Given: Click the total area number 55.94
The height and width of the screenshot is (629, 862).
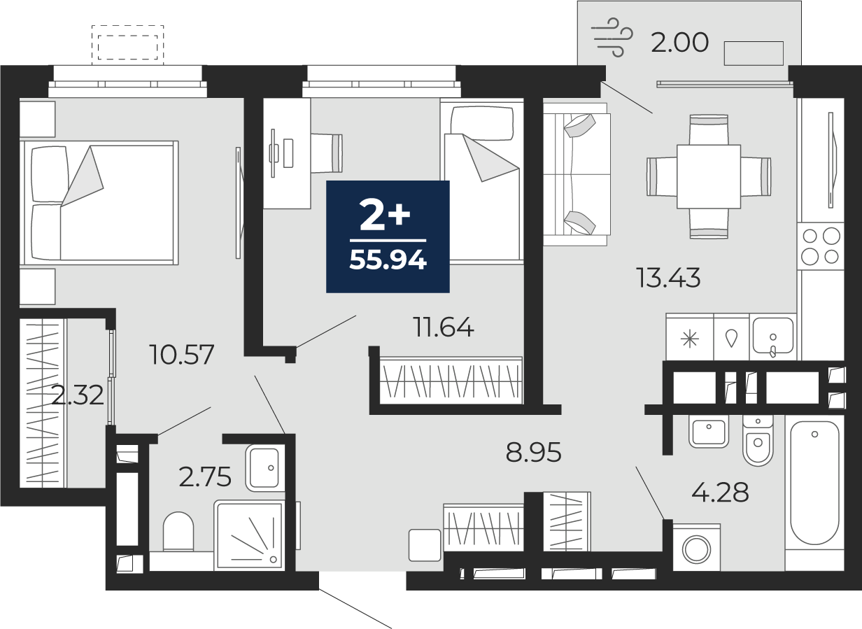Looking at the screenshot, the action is click(x=388, y=260).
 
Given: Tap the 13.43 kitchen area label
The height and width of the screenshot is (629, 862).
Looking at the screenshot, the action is click(x=668, y=278).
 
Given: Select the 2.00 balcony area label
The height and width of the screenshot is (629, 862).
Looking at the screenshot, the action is click(x=679, y=42).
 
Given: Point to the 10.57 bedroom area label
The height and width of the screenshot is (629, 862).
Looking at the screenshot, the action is click(x=182, y=355).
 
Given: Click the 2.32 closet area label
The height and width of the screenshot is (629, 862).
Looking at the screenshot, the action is click(x=78, y=395).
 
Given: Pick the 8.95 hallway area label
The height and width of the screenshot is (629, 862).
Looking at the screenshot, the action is click(x=533, y=453).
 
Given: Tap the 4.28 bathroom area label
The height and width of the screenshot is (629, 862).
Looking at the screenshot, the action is click(x=720, y=493).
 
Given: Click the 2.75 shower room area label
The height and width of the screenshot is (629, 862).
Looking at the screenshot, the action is click(x=205, y=477).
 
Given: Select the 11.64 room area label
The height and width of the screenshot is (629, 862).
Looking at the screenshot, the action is click(x=444, y=327).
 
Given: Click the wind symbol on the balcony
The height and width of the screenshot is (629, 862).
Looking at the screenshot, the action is click(x=612, y=37).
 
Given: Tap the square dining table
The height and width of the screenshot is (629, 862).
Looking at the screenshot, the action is click(x=709, y=176).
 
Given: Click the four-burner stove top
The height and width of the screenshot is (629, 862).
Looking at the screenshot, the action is click(x=821, y=246).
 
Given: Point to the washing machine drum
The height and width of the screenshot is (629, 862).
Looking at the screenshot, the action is click(x=697, y=550).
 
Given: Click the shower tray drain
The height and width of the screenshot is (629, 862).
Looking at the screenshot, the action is click(x=273, y=559).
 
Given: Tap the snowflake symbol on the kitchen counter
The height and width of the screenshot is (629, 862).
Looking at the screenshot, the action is click(x=690, y=339).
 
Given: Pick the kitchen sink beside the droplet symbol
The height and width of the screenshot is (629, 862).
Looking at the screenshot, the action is click(x=772, y=335).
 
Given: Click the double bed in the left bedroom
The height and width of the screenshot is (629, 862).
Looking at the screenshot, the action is click(x=99, y=203).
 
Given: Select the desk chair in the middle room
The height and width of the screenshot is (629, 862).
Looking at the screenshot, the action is click(x=326, y=153).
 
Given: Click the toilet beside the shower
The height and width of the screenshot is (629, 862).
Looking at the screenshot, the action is click(x=178, y=531).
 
